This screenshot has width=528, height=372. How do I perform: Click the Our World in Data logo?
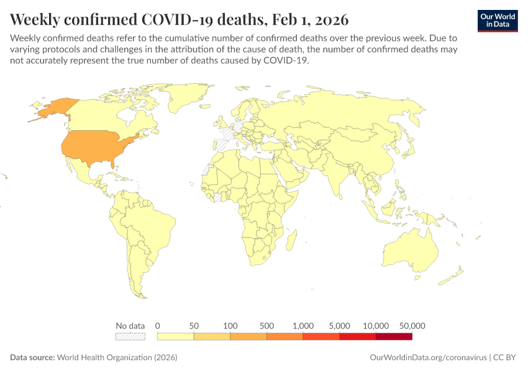tap(497, 20)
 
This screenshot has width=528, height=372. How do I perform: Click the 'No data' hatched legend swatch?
tap(130, 337)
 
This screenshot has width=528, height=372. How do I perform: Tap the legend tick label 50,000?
tap(412, 325)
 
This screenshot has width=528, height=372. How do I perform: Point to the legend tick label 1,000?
tap(303, 325)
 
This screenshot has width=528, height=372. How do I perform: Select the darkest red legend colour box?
tap(394, 337)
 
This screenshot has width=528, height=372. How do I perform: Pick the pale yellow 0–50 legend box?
tap(176, 337)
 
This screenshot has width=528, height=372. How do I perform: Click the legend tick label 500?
tap(267, 325)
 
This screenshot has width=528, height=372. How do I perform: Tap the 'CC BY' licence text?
tap(506, 358)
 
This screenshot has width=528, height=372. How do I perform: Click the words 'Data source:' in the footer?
tap(32, 358)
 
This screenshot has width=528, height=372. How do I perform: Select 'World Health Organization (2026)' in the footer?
tap(117, 358)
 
